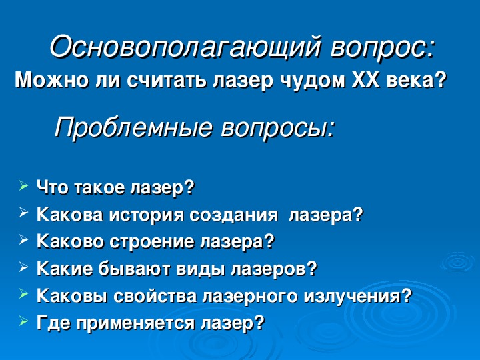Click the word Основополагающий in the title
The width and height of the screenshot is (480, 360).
(186, 47)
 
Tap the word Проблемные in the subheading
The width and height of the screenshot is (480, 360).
(133, 127)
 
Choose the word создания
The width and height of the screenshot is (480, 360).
(233, 215)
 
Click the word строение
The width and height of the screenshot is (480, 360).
(153, 242)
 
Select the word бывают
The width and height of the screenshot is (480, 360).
(135, 269)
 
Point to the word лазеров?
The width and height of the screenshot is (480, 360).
(273, 269)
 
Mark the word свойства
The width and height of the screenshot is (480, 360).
(155, 296)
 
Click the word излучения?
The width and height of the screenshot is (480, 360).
(358, 296)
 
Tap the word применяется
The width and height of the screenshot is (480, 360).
(135, 323)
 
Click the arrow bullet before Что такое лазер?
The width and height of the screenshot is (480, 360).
(23, 185)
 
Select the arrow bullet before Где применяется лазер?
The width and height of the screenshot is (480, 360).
(23, 321)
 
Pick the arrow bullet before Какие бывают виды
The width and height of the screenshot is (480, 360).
(23, 267)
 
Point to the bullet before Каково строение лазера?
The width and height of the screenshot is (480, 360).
(23, 239)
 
